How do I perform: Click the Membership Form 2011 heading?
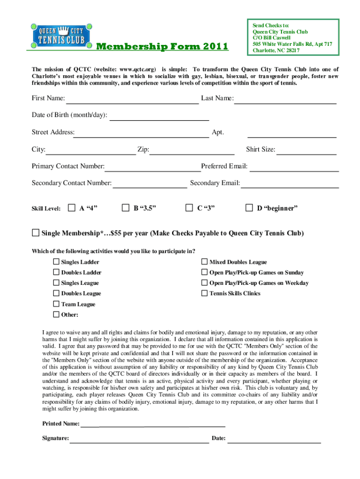(162, 46)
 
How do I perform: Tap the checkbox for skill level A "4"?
(72, 207)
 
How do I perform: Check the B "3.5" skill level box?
(125, 207)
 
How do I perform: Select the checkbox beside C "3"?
(189, 207)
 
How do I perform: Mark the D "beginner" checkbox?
(249, 207)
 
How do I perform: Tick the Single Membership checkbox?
(36, 233)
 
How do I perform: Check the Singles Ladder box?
(56, 262)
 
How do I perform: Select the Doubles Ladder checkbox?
(56, 272)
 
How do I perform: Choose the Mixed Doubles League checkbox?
(204, 262)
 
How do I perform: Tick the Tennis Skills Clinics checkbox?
(204, 293)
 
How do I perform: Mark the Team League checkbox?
(56, 304)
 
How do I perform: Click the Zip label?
(143, 150)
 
